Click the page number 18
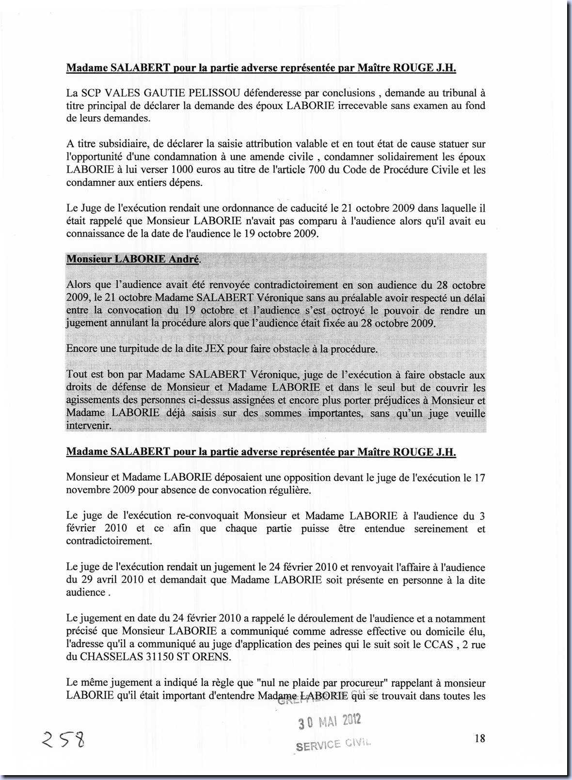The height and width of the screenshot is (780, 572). click(x=479, y=738)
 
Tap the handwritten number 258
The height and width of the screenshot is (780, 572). click(x=63, y=739)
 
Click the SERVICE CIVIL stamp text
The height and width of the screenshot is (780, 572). click(x=333, y=744)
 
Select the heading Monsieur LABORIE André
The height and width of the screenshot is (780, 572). click(x=133, y=259)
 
